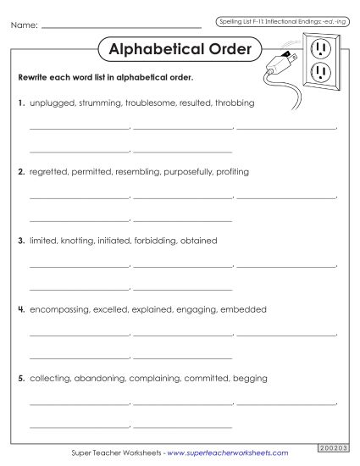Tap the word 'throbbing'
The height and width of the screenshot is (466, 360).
pos(235,103)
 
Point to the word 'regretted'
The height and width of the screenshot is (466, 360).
pos(48,171)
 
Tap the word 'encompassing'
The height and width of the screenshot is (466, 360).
pos(59,309)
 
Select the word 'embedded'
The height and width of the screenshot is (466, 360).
pos(243,309)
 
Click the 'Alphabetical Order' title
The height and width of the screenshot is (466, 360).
pos(180,50)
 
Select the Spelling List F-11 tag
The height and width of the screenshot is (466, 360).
pos(278,19)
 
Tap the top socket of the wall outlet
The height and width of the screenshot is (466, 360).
pos(319,47)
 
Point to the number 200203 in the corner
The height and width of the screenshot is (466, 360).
pos(334,447)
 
